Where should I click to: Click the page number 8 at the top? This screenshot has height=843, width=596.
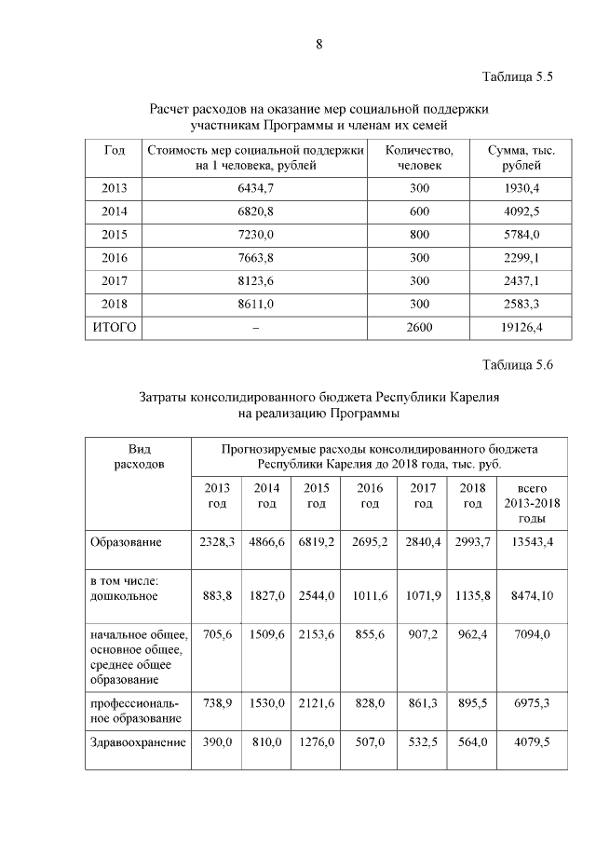pos(318,44)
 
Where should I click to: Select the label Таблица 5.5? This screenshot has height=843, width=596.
pos(518,77)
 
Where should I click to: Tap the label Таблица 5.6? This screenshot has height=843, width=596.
pos(518,365)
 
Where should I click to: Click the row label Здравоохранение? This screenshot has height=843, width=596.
pos(138,742)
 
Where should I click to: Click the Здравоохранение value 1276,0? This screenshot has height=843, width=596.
pos(317,742)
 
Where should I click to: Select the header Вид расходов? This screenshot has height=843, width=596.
pos(138,455)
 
